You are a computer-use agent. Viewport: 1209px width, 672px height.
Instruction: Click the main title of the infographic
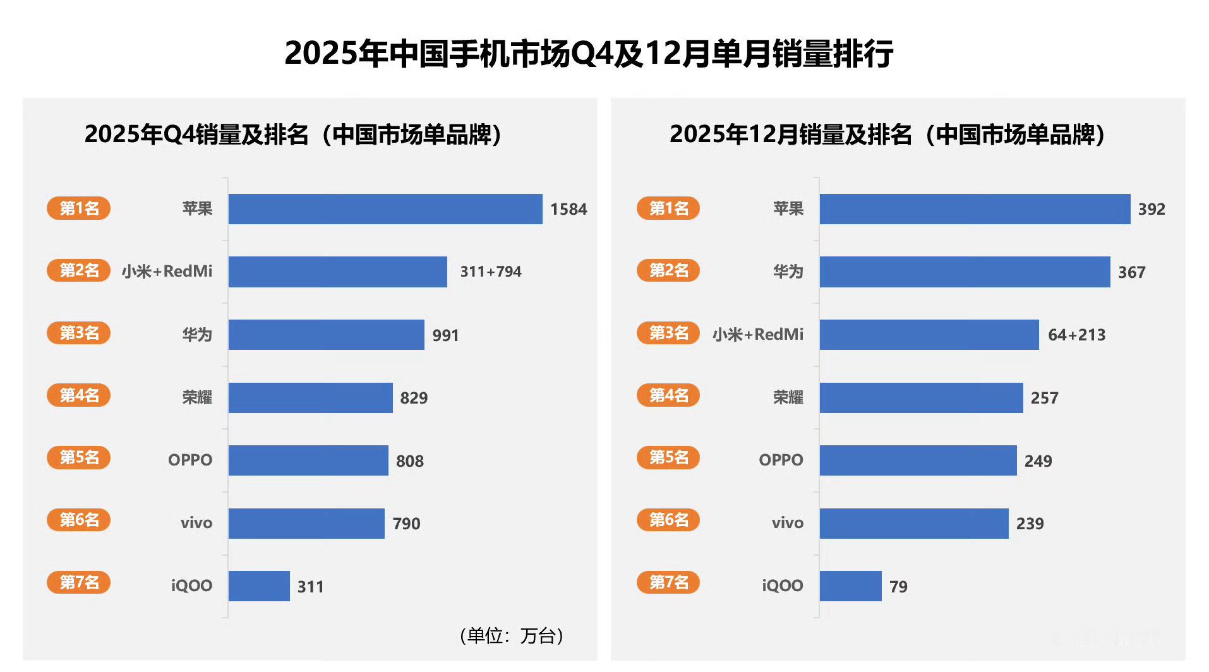pyautogui.click(x=589, y=53)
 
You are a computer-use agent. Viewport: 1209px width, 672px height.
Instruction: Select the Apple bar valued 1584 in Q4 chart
pyautogui.click(x=385, y=209)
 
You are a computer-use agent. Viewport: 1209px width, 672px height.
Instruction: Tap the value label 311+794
pyautogui.click(x=491, y=272)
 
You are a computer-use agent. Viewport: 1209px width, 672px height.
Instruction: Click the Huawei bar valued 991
pyautogui.click(x=326, y=335)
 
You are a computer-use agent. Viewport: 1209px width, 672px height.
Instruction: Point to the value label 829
pyautogui.click(x=414, y=398)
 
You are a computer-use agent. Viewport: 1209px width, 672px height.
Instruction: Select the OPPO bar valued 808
pyautogui.click(x=308, y=460)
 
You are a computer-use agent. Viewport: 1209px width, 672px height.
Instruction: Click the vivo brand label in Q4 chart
pyautogui.click(x=196, y=523)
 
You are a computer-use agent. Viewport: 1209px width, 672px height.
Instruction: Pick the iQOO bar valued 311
pyautogui.click(x=259, y=586)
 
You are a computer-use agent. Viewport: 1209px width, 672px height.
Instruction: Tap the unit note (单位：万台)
pyautogui.click(x=511, y=635)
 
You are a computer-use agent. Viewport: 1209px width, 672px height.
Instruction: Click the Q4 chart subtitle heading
pyautogui.click(x=292, y=135)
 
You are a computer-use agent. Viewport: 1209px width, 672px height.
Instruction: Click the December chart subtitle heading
pyautogui.click(x=887, y=135)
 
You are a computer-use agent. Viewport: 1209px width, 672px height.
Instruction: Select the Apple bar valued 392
pyautogui.click(x=975, y=209)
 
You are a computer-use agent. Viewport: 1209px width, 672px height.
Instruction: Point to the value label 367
pyautogui.click(x=1131, y=272)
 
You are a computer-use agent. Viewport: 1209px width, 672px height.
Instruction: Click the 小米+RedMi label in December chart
pyautogui.click(x=758, y=334)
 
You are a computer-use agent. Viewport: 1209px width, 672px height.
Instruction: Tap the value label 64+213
pyautogui.click(x=1076, y=335)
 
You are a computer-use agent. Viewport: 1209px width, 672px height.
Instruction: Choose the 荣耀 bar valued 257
pyautogui.click(x=921, y=398)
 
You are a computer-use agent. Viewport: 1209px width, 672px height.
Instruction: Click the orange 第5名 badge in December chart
pyautogui.click(x=668, y=457)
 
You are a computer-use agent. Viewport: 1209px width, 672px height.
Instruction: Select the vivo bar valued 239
pyautogui.click(x=914, y=524)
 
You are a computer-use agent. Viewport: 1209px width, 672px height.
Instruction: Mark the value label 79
pyautogui.click(x=898, y=587)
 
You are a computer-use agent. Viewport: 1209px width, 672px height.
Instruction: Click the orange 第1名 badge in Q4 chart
pyautogui.click(x=78, y=208)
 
